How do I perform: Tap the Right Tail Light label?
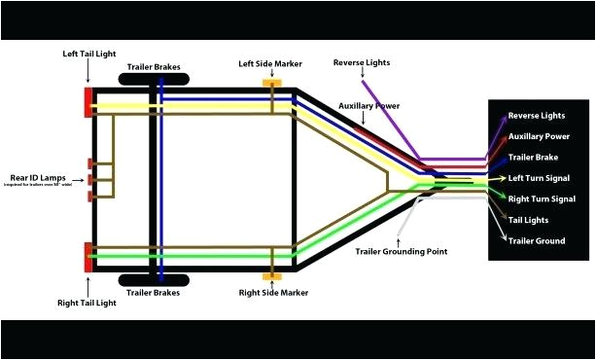pyautogui.click(x=88, y=303)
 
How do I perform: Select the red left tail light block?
pyautogui.click(x=88, y=102)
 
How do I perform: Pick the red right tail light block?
pyautogui.click(x=88, y=257)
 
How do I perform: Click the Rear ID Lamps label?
pyautogui.click(x=39, y=177)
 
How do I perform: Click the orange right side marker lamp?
pyautogui.click(x=272, y=270)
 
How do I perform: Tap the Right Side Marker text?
pyautogui.click(x=273, y=291)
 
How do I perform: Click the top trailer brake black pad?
pyautogui.click(x=155, y=78)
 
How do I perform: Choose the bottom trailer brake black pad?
pyautogui.click(x=155, y=280)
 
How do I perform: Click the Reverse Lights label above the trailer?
pyautogui.click(x=362, y=62)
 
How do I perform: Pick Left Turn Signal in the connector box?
pyautogui.click(x=540, y=178)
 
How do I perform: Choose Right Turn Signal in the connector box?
pyautogui.click(x=542, y=198)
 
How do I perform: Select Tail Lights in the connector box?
pyautogui.click(x=529, y=219)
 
